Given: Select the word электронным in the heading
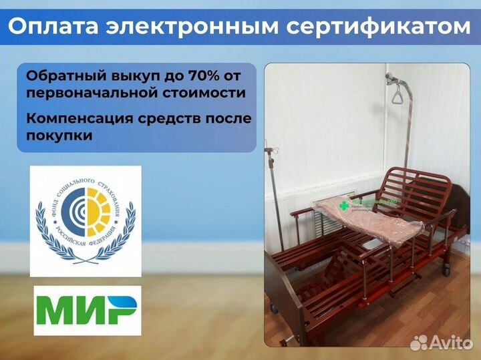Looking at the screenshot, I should [194, 26].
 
